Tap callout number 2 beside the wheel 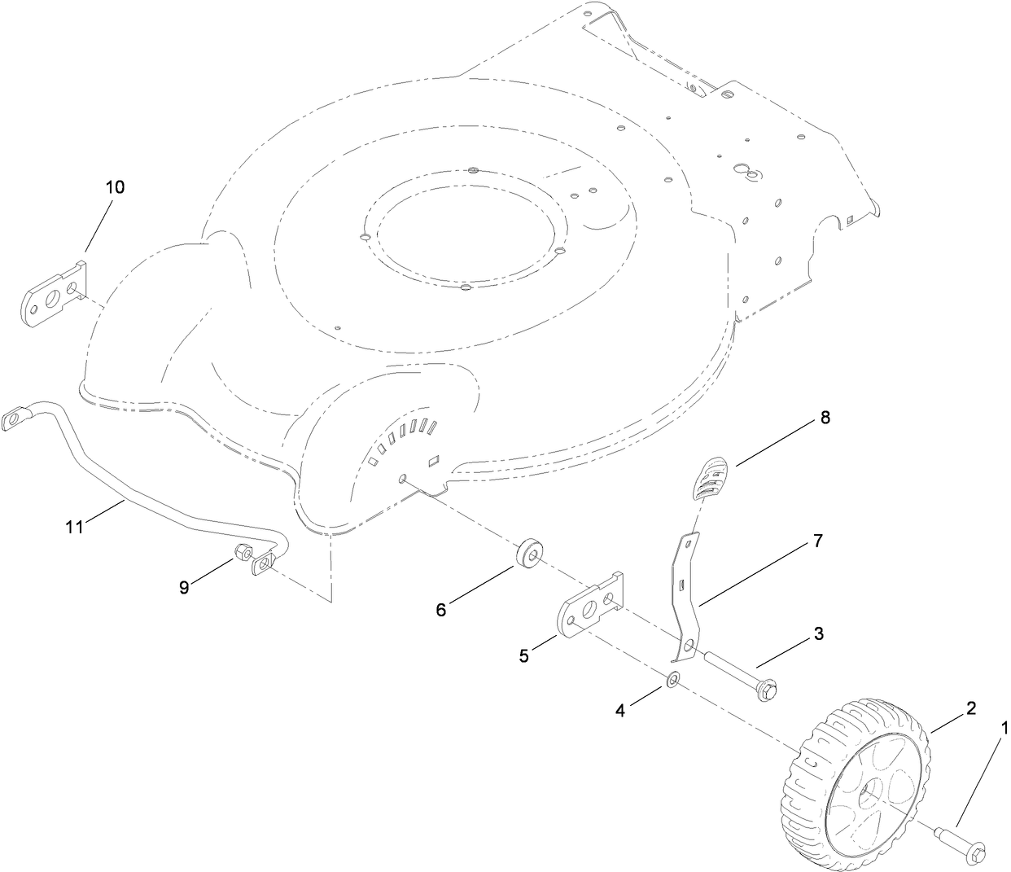(x=970, y=708)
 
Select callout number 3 (x=819, y=633)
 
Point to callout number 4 (x=620, y=710)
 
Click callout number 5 (x=524, y=655)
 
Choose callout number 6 (x=441, y=608)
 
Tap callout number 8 (x=825, y=418)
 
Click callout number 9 (x=185, y=586)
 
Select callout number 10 (x=115, y=186)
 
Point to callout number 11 (x=75, y=527)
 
